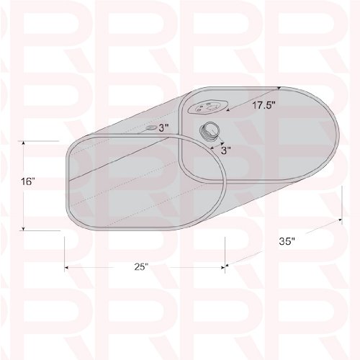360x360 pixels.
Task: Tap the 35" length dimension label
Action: (287, 242)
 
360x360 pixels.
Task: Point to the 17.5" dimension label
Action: (264, 105)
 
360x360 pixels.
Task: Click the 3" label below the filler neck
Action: (226, 151)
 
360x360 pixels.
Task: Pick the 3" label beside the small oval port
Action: (163, 127)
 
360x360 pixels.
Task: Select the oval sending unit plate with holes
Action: (206, 105)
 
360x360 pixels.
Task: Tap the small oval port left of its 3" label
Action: (150, 127)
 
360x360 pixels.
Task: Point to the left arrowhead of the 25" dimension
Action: (68, 267)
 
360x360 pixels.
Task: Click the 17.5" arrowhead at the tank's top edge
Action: (279, 88)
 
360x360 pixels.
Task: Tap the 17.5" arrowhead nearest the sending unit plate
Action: (229, 112)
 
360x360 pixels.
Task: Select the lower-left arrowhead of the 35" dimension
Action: (229, 264)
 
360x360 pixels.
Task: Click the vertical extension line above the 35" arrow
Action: (341, 203)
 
